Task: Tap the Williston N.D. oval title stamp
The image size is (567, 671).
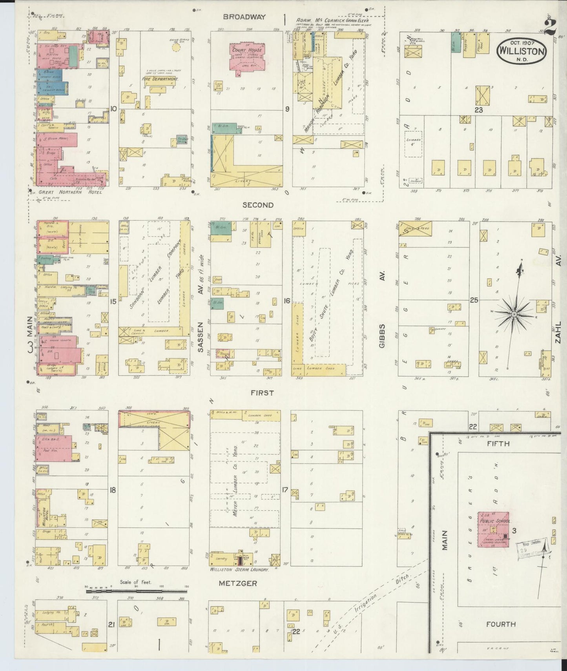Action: [x=521, y=51]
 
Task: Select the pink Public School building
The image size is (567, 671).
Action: [x=493, y=529]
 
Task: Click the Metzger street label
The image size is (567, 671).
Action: [x=238, y=583]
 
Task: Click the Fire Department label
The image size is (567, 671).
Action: [x=160, y=79]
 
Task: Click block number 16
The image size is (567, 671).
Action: [x=287, y=301]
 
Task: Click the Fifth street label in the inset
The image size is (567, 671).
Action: [x=498, y=443]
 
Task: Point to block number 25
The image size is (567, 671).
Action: [x=474, y=300]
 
